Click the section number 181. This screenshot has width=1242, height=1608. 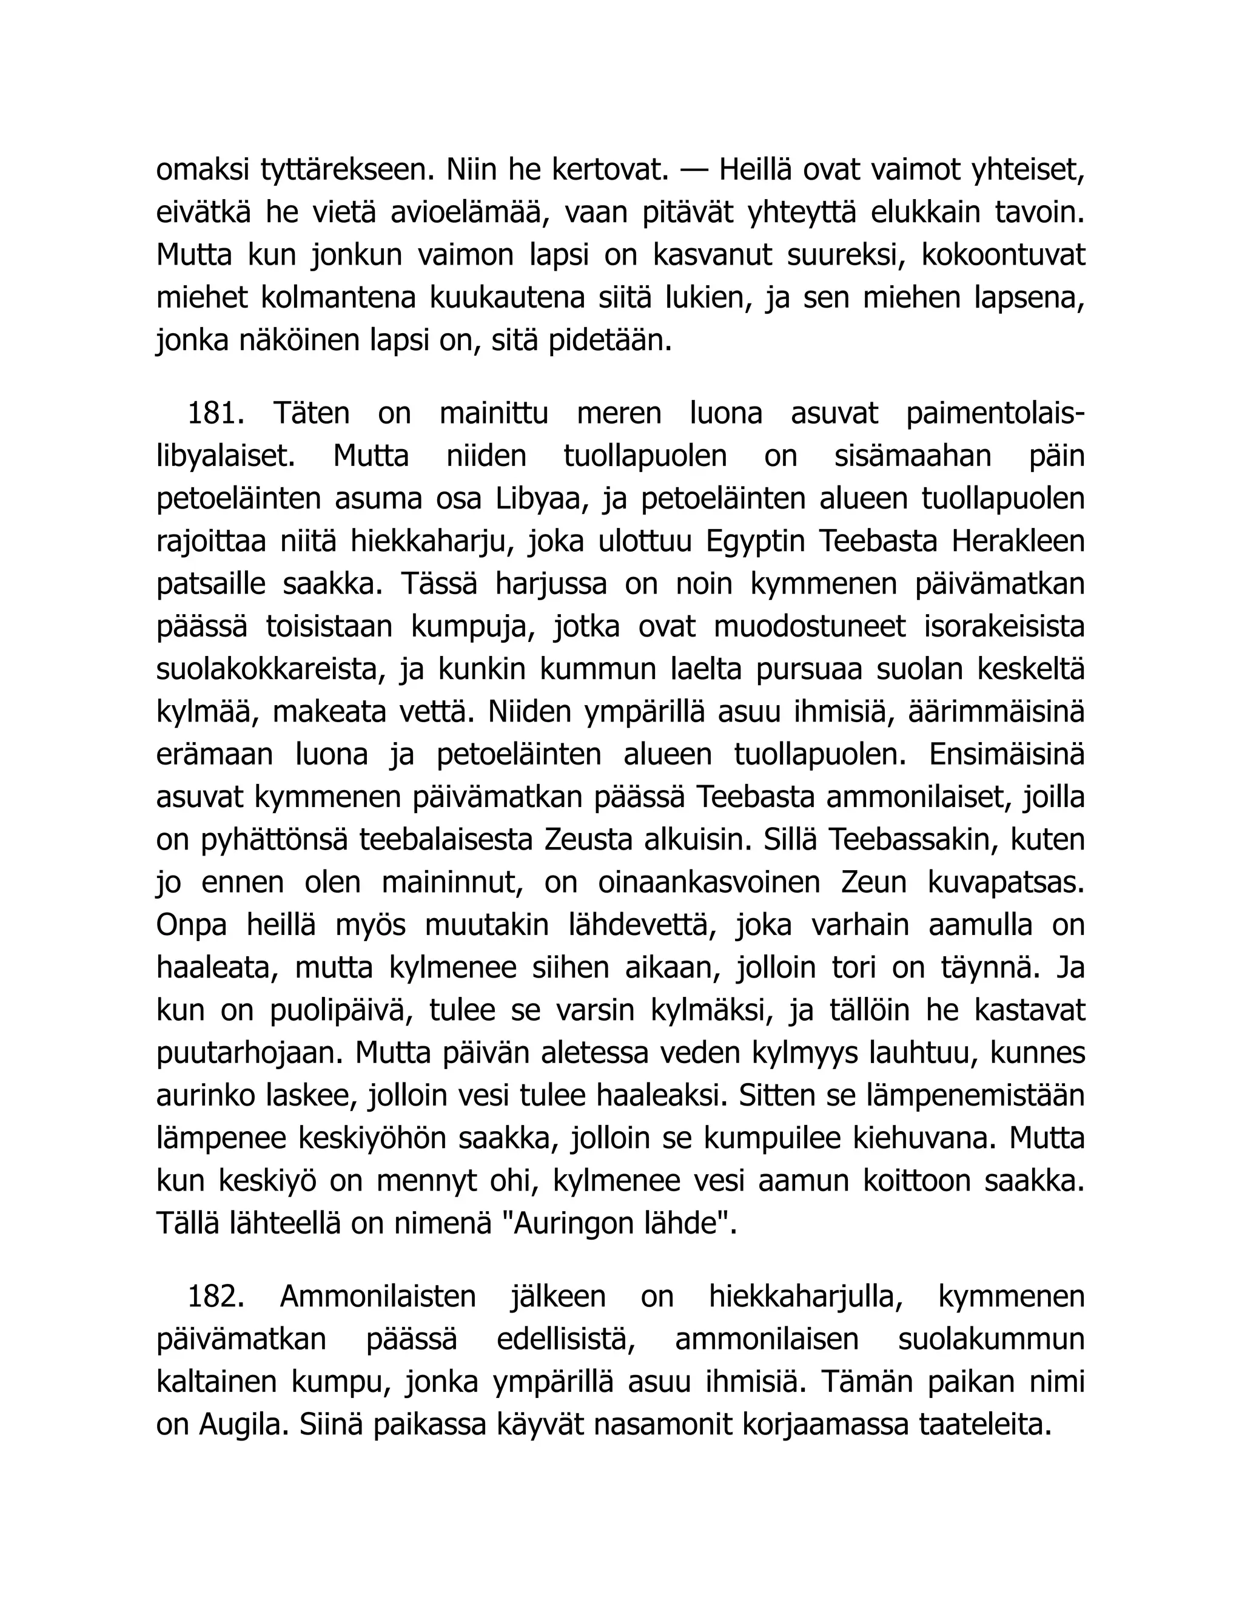pos(215,413)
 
